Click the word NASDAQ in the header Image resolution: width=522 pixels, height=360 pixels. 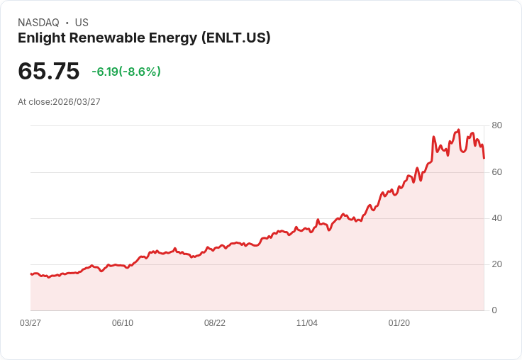(38, 23)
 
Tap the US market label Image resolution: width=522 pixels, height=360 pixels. (82, 23)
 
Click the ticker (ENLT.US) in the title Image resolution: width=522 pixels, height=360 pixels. (235, 38)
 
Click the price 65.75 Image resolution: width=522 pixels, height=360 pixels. (48, 72)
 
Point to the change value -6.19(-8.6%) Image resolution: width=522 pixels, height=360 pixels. (126, 72)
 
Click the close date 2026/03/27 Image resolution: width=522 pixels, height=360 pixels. (77, 102)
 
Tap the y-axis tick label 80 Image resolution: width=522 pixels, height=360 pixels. (497, 125)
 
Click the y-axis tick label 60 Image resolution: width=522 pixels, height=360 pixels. (497, 172)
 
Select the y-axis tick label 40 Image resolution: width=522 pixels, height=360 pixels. (497, 218)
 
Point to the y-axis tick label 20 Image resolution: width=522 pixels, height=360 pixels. (497, 264)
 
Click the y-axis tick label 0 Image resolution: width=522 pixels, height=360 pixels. (494, 310)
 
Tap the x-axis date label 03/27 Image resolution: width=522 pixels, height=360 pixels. (30, 323)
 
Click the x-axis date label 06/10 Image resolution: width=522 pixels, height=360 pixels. (123, 323)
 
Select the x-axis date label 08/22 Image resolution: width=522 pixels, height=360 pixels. (215, 323)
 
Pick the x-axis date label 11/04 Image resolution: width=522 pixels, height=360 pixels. (307, 323)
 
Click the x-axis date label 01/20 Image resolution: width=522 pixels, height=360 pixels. (399, 323)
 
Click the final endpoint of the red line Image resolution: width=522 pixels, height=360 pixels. (484, 158)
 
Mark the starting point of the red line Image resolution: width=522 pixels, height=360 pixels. (31, 274)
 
